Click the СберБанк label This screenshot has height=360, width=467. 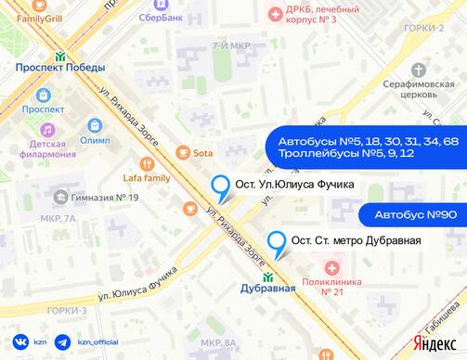pos(159,17)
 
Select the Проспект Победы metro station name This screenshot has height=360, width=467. pos(59,67)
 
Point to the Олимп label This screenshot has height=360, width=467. pos(95,139)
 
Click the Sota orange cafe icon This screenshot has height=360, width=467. pos(184,151)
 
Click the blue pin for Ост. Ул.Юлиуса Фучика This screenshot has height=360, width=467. pos(222,188)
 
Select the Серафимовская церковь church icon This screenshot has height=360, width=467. pos(419,70)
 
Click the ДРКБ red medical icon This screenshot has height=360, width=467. pos(274,13)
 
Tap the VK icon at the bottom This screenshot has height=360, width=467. pos(19,342)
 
